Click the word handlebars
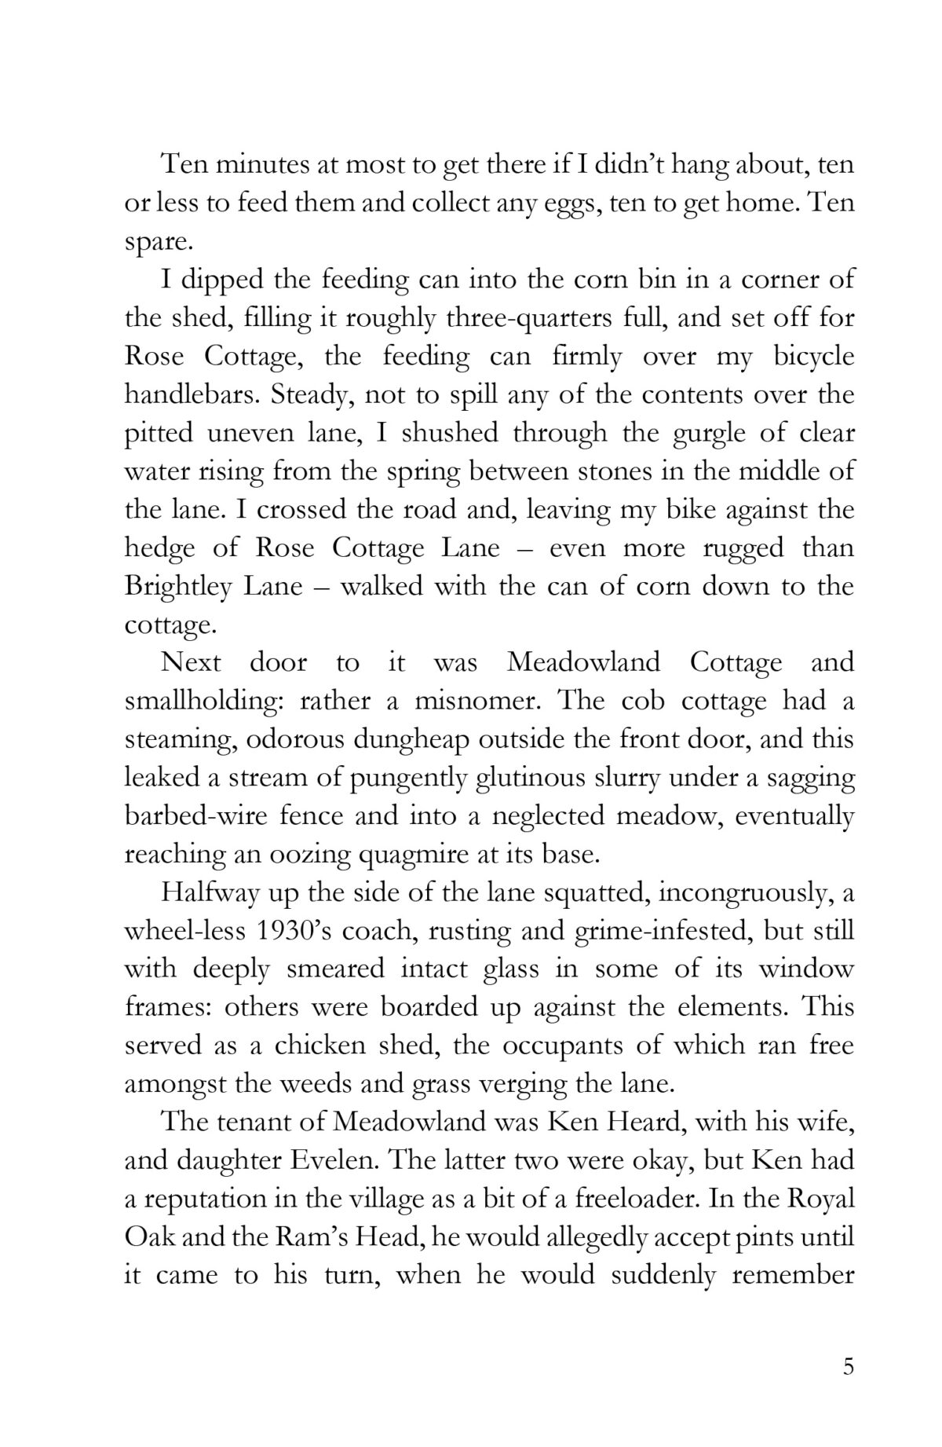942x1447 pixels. pos(191,396)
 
